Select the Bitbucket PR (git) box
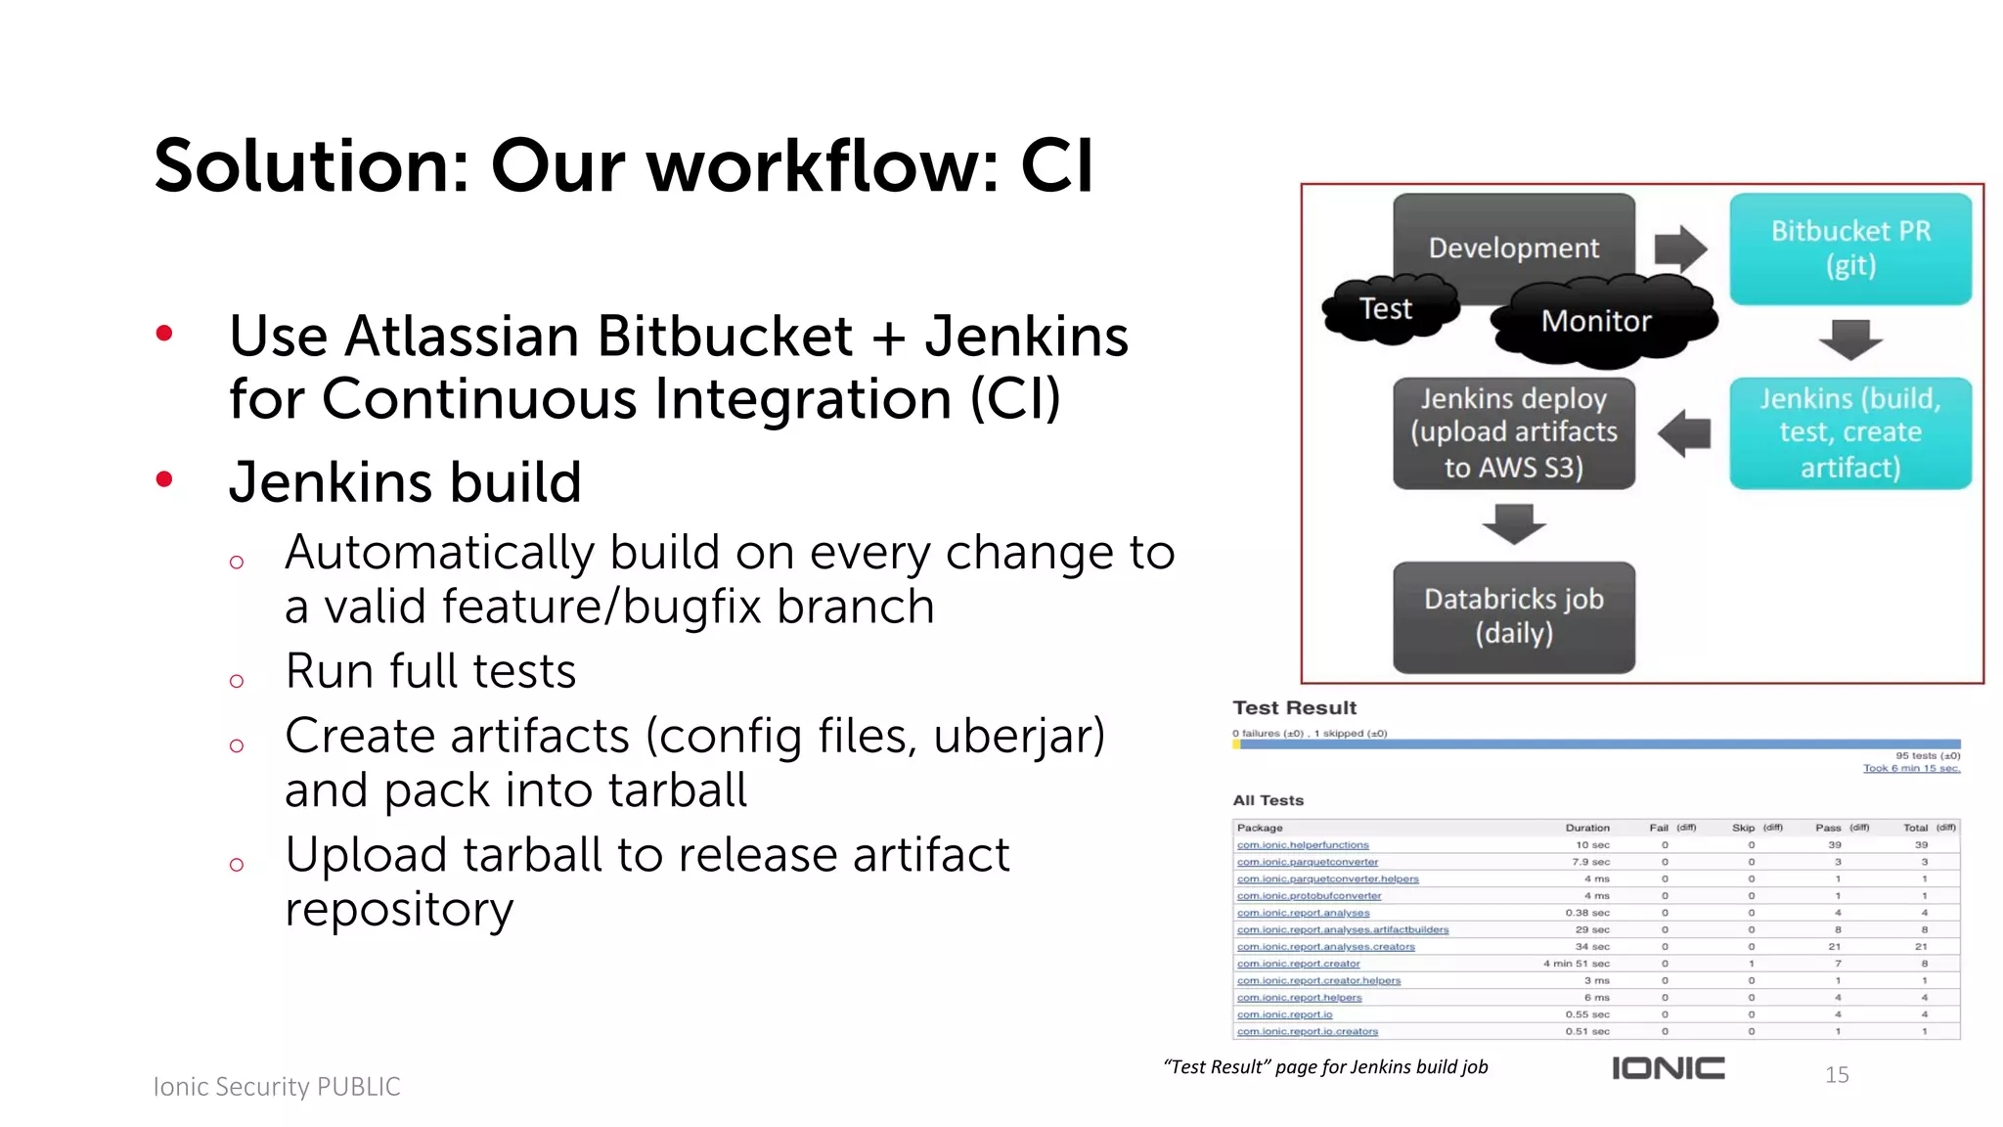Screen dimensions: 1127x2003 1849,248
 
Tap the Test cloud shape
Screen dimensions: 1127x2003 1386,309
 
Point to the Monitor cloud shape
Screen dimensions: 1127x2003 1596,322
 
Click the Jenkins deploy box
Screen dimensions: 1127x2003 1513,433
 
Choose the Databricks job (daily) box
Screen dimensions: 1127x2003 1513,616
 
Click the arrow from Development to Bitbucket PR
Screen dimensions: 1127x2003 1680,248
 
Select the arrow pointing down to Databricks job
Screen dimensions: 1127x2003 1513,523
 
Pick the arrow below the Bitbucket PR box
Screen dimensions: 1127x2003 1849,339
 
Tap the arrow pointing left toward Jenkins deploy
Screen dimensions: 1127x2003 1684,433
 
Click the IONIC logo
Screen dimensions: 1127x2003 1668,1068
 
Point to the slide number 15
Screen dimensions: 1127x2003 1837,1075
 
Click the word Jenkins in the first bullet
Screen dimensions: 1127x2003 1026,337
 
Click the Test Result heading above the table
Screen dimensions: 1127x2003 1294,707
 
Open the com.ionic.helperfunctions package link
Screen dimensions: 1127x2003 1303,845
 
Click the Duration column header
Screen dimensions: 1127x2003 1586,828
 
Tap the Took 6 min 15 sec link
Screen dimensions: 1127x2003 1911,768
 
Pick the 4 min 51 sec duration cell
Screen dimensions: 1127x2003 1576,964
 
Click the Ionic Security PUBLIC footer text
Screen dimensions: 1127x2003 277,1087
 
